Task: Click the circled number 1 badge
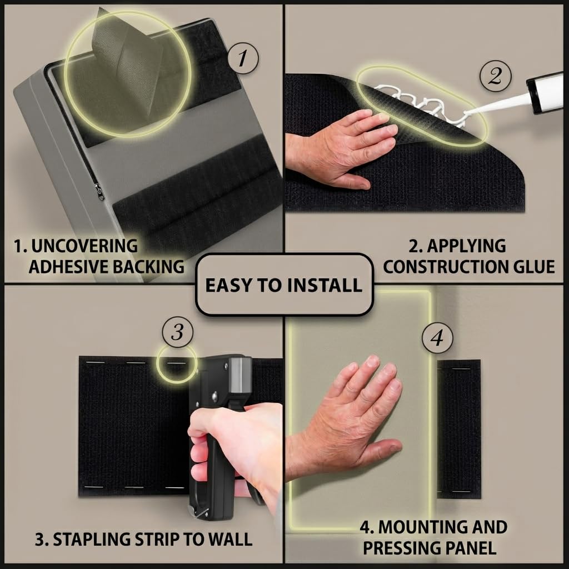tap(243, 58)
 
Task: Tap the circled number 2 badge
tap(495, 76)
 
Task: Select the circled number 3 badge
tap(177, 332)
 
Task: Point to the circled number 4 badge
tap(437, 338)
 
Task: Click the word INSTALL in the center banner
tap(325, 285)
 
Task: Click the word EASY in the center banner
tap(229, 285)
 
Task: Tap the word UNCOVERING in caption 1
tap(84, 246)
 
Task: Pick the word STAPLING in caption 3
tap(92, 539)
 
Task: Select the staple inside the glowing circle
tap(176, 363)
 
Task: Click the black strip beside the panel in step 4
tap(458, 429)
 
